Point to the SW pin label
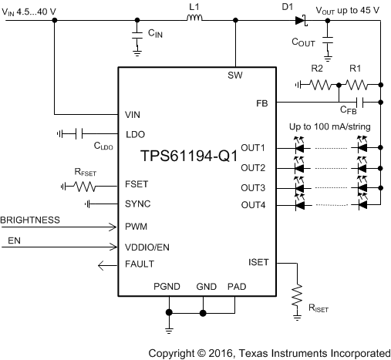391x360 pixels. pyautogui.click(x=234, y=76)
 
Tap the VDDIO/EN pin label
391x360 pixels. pyautogui.click(x=147, y=247)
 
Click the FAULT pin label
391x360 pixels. pyautogui.click(x=140, y=265)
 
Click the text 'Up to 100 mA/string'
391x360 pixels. pyautogui.click(x=332, y=126)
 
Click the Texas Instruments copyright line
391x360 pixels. pyautogui.click(x=268, y=351)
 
